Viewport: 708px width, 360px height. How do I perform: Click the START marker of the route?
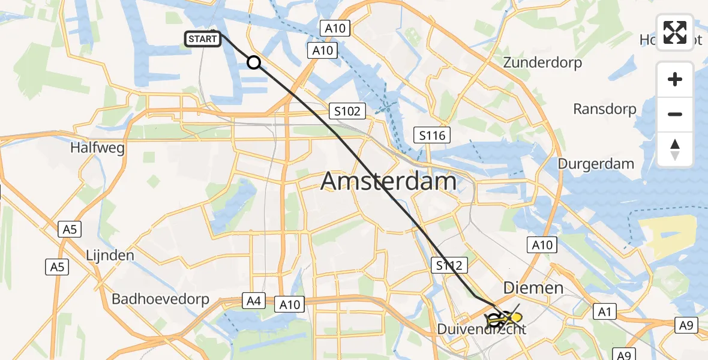click(x=203, y=40)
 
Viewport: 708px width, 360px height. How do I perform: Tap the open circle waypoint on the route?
click(x=254, y=62)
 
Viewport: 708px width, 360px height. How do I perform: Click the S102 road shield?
click(x=347, y=110)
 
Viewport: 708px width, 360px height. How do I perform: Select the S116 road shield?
click(x=432, y=136)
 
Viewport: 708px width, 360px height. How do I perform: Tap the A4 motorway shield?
click(x=253, y=300)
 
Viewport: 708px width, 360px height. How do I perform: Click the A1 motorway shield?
click(x=604, y=311)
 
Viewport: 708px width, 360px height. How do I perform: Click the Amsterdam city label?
click(x=388, y=181)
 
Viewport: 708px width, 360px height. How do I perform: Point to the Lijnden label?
click(x=110, y=255)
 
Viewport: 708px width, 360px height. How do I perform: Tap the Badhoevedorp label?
click(x=160, y=299)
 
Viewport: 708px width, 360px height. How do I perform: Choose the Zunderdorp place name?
click(x=542, y=62)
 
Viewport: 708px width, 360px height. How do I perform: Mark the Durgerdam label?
click(x=596, y=164)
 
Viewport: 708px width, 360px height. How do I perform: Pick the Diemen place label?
click(x=533, y=288)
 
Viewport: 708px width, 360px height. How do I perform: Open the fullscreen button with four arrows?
click(x=675, y=32)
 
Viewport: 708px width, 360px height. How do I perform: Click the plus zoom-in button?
click(x=675, y=79)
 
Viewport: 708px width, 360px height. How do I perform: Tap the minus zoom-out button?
click(x=675, y=114)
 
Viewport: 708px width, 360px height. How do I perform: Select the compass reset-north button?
click(x=675, y=149)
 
